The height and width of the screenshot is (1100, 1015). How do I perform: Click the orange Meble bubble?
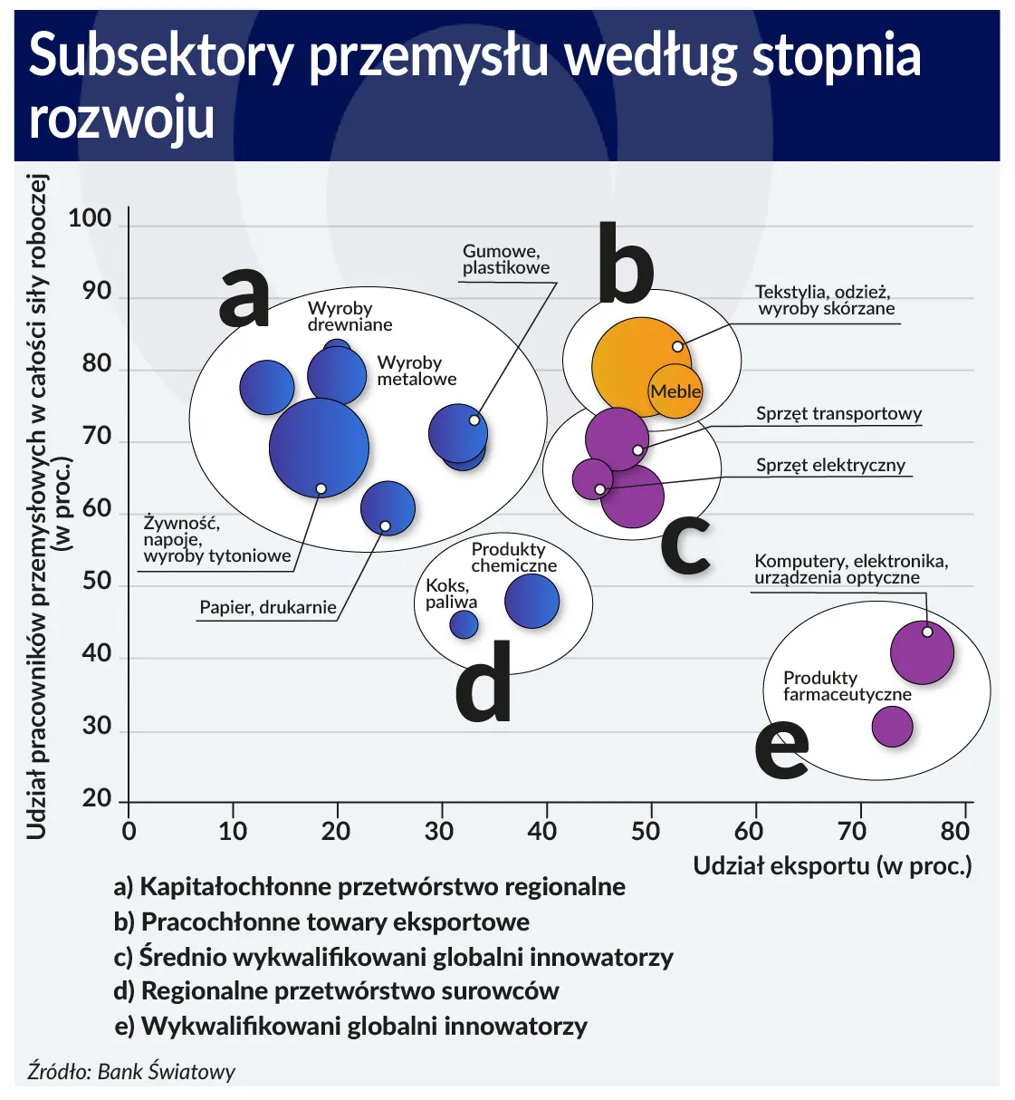pos(675,391)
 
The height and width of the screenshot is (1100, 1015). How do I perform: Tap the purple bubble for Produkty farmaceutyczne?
pos(892,726)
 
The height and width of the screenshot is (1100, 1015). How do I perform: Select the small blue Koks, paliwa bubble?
pos(464,624)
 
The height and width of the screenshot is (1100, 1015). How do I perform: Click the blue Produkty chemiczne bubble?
pos(531,601)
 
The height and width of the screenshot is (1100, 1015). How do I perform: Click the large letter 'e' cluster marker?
pos(781,748)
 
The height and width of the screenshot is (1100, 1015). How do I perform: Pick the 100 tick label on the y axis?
pos(90,218)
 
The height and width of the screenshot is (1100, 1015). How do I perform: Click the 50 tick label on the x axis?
pos(646,831)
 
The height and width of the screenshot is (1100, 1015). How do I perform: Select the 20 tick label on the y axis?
pos(96,799)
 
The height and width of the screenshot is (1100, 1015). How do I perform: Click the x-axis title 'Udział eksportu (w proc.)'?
pos(832,865)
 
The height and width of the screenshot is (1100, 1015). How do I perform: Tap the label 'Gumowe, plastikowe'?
pos(505,259)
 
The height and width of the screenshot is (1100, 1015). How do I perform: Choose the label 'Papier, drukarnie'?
pos(267,607)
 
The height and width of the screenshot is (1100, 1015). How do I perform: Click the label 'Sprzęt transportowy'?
pos(838,414)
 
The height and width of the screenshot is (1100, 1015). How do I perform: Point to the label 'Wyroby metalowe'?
pos(416,371)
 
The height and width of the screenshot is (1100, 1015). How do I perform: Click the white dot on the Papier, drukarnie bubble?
pos(385,526)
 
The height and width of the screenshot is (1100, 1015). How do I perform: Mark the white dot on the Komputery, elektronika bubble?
pos(927,632)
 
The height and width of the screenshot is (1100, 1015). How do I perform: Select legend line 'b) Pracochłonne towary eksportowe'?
pos(321,921)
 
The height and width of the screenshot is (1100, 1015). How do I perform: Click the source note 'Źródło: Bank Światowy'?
pos(130,1072)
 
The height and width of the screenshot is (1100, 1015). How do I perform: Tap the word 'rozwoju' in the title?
pos(122,119)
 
